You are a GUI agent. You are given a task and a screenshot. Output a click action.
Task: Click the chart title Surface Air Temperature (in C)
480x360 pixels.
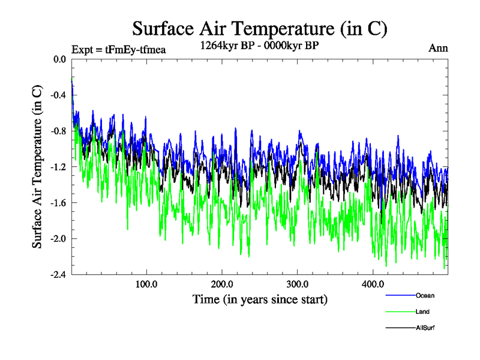tap(259, 28)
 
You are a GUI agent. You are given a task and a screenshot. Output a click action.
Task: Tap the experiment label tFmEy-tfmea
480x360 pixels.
tap(118, 49)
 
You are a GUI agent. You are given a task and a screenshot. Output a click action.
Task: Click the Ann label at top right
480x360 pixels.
tap(438, 48)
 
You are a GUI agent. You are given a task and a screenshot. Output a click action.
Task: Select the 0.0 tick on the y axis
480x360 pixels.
tap(60, 59)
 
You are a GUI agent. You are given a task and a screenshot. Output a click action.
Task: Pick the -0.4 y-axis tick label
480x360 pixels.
tap(59, 95)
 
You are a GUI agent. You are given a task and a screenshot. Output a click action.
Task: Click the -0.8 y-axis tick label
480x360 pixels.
tap(59, 131)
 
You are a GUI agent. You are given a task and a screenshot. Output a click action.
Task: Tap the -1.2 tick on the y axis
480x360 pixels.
tap(59, 167)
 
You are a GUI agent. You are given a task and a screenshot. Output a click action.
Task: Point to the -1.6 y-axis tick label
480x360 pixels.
tap(59, 203)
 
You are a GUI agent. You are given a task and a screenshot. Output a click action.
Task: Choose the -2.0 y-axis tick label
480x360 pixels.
tap(59, 239)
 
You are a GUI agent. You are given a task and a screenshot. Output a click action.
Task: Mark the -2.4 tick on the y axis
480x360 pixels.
tap(59, 274)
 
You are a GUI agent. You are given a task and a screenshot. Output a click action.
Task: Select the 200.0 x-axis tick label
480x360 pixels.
tap(222, 284)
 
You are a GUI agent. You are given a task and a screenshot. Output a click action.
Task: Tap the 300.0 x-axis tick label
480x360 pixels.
tap(298, 284)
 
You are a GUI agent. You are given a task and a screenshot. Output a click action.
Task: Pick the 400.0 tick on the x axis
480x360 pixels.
tap(373, 284)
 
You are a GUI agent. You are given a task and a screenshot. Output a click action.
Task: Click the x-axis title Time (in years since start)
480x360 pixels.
tap(260, 299)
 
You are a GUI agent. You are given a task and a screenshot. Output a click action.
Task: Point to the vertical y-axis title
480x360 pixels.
tap(37, 167)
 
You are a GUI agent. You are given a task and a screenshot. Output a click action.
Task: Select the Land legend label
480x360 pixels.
tap(422, 312)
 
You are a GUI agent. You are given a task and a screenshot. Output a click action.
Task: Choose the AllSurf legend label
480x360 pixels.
tap(425, 328)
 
